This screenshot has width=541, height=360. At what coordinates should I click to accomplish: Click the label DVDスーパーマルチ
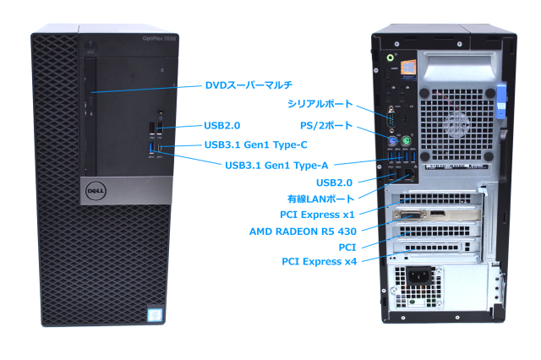click(249, 85)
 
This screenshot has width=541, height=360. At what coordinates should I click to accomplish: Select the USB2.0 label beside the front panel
click(222, 125)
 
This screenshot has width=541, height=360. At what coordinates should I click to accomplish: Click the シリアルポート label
click(320, 103)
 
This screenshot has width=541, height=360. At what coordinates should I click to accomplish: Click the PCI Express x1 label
click(318, 215)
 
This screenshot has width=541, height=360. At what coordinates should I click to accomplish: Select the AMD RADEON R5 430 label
click(303, 231)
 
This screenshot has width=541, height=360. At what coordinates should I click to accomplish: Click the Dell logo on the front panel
click(93, 192)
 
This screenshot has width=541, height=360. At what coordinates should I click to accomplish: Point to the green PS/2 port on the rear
click(406, 141)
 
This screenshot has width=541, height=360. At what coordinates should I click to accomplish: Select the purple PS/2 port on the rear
click(392, 141)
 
